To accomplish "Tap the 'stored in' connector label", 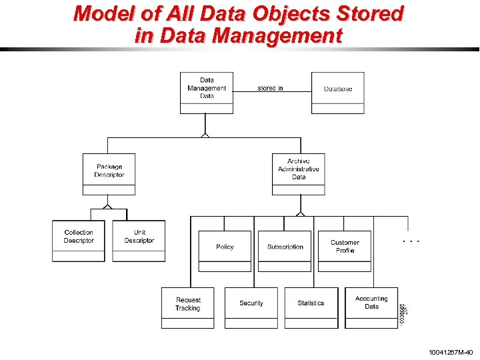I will pyautogui.click(x=270, y=88).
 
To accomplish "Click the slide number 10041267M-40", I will pyautogui.click(x=451, y=351).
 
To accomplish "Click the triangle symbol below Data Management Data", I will pyautogui.click(x=206, y=135).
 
